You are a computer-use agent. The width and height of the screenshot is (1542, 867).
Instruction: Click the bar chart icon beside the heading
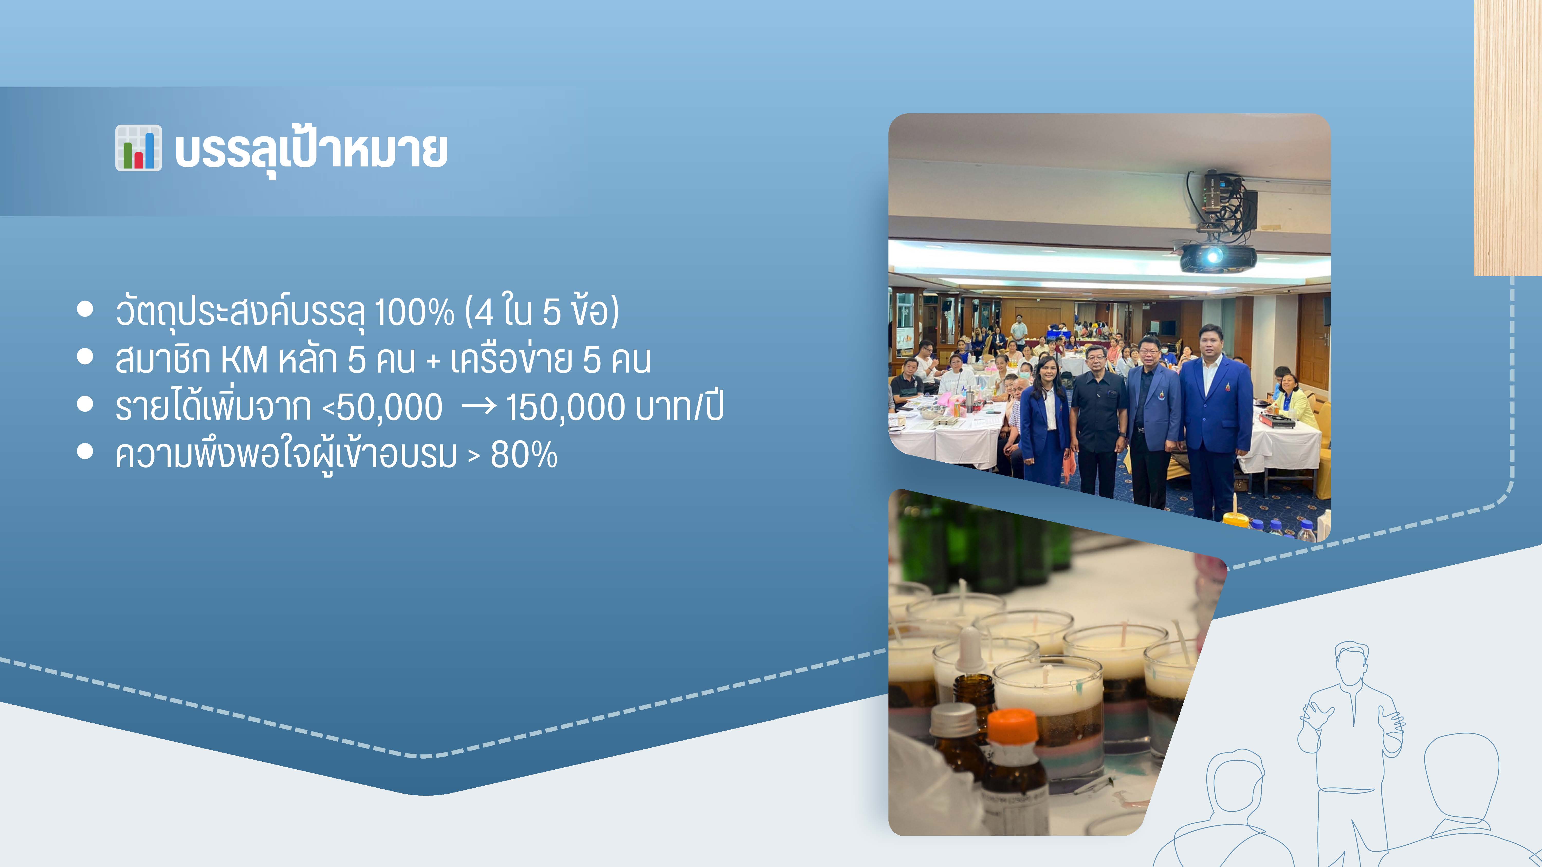[x=138, y=148]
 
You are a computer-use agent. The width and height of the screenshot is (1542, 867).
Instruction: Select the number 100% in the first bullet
[x=414, y=312]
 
